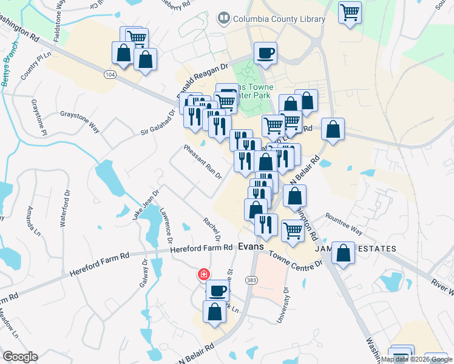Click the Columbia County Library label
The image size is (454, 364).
[279, 19]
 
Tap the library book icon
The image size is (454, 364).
[224, 19]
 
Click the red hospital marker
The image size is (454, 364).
[203, 274]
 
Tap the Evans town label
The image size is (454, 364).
[251, 246]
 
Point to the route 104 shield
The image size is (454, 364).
[110, 74]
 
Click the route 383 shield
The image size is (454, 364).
[251, 280]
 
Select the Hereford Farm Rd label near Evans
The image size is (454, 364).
[202, 248]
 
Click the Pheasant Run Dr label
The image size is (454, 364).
[204, 162]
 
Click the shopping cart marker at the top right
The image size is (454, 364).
[350, 12]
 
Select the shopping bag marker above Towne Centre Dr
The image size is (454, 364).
[343, 254]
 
